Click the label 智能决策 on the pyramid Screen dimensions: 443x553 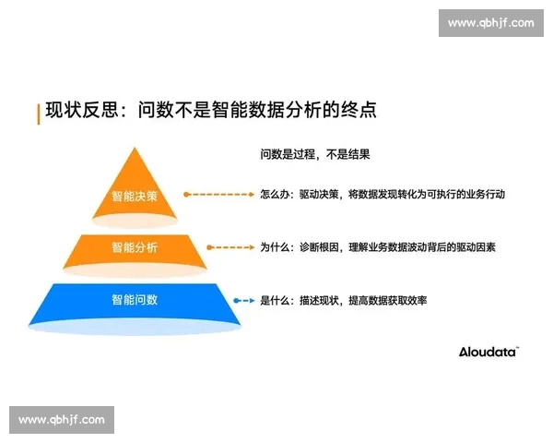(x=135, y=196)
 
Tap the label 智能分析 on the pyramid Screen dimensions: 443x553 (x=135, y=247)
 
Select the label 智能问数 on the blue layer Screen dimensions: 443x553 (x=135, y=300)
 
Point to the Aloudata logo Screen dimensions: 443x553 (x=488, y=351)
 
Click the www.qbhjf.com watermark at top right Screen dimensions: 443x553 (x=490, y=23)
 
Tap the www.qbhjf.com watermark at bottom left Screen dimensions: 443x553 (x=62, y=420)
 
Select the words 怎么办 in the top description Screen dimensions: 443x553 (x=275, y=195)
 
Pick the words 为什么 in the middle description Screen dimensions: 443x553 (x=275, y=247)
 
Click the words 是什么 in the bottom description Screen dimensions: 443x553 (x=275, y=300)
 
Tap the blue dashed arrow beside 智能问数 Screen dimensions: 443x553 (x=242, y=300)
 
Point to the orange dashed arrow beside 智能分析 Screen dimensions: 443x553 (x=229, y=247)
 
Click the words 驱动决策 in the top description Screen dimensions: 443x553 (x=319, y=195)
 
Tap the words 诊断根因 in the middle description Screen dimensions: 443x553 (x=319, y=247)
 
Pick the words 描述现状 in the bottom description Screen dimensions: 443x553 (x=319, y=300)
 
